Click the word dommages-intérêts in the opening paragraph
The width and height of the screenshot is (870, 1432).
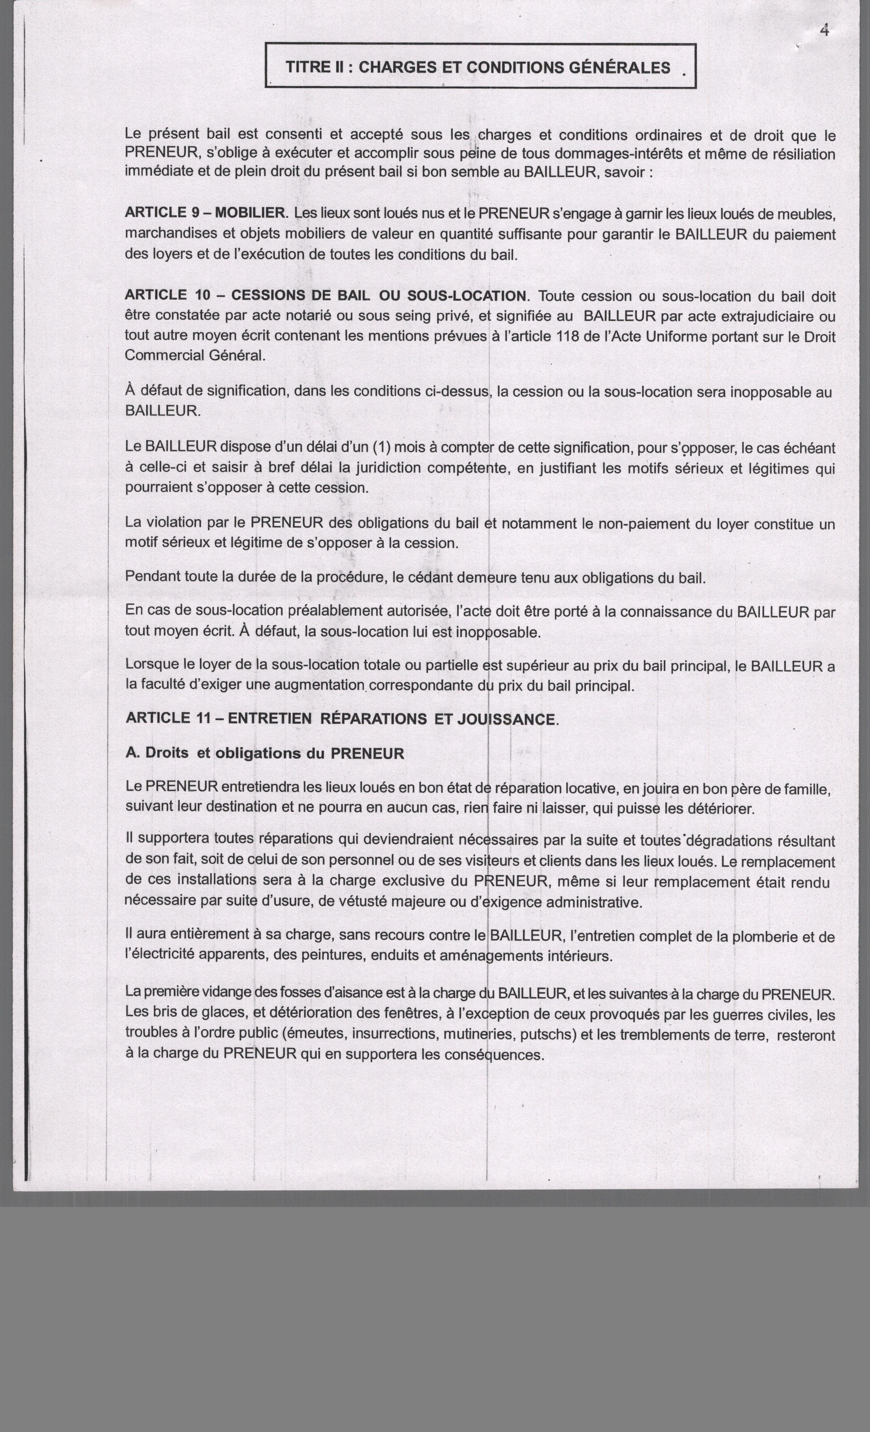[611, 154]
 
